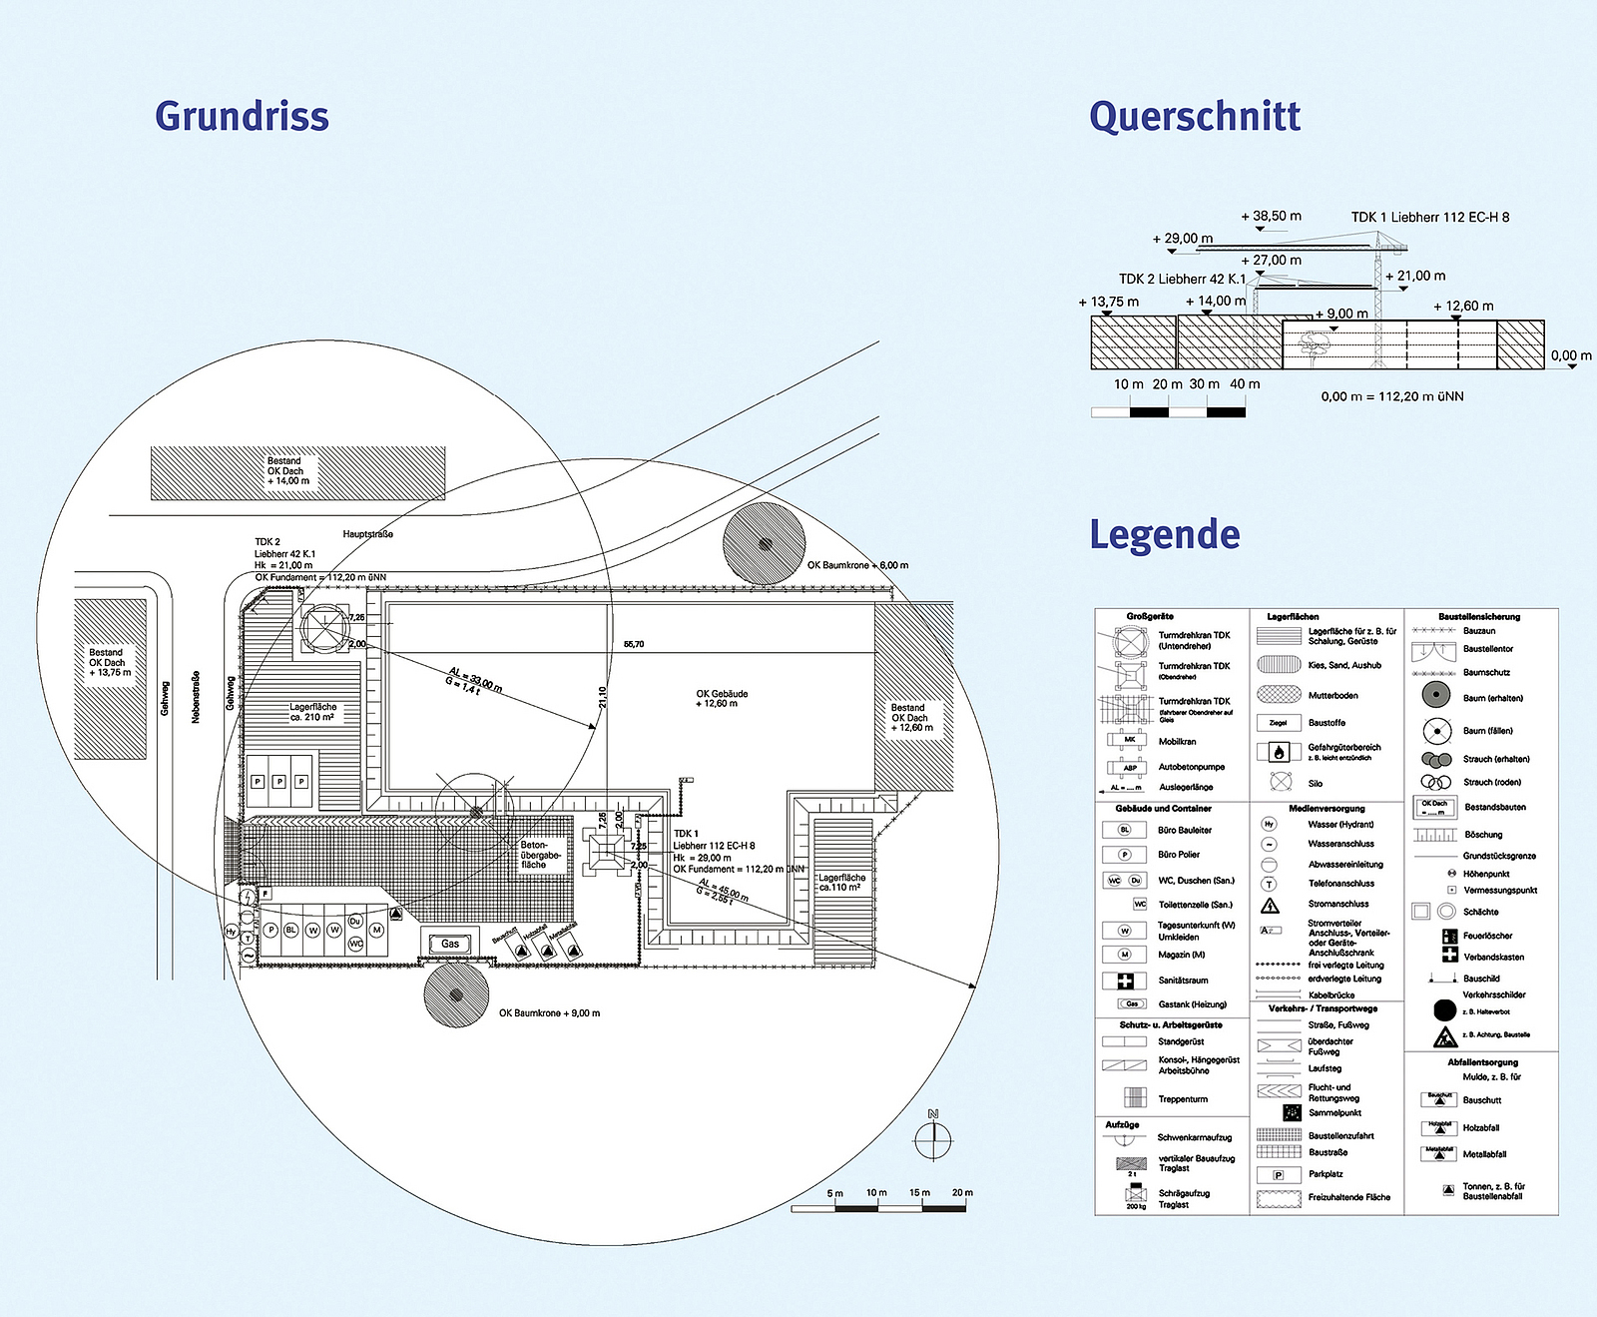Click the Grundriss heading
(x=242, y=116)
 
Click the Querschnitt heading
(x=1194, y=116)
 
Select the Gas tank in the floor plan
(x=450, y=944)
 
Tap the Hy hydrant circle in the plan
(x=232, y=932)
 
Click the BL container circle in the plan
(x=291, y=930)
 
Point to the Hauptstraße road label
(x=368, y=534)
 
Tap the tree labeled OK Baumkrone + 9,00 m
(x=456, y=994)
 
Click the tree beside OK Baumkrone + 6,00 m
(x=765, y=544)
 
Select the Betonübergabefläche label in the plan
(x=540, y=855)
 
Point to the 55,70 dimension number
(x=634, y=644)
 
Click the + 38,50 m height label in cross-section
(x=1271, y=216)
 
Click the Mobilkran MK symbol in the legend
(x=1129, y=741)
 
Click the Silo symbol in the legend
(x=1279, y=782)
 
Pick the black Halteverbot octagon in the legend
(x=1444, y=1010)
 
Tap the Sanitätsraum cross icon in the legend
(x=1125, y=981)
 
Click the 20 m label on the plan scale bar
(x=961, y=1192)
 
